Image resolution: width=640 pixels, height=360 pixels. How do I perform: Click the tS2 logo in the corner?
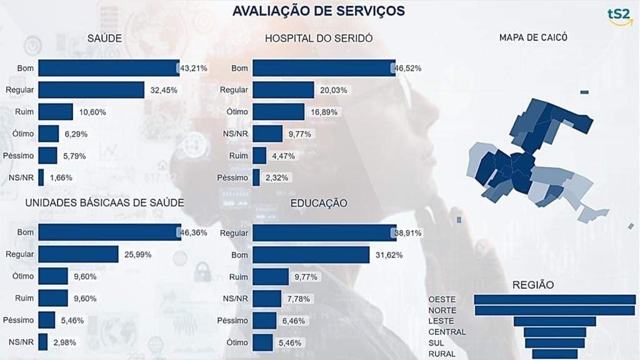pyautogui.click(x=620, y=16)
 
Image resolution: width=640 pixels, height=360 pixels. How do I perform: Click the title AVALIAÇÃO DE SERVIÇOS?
pyautogui.click(x=318, y=11)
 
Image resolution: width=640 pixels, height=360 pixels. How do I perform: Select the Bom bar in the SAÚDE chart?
pyautogui.click(x=109, y=67)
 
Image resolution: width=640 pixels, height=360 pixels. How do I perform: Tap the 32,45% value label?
pyautogui.click(x=164, y=90)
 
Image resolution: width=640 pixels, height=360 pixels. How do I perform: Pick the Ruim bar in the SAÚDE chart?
pyautogui.click(x=56, y=112)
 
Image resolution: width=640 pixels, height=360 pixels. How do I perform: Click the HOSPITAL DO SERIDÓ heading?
pyautogui.click(x=319, y=38)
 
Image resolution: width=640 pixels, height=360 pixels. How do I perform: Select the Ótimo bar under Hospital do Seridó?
pyautogui.click(x=269, y=112)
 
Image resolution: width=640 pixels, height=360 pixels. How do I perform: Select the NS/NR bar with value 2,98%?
pyautogui.click(x=43, y=342)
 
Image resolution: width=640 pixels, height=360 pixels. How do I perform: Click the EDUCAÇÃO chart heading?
pyautogui.click(x=319, y=203)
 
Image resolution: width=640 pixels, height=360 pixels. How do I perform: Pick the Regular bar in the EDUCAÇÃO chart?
pyautogui.click(x=324, y=232)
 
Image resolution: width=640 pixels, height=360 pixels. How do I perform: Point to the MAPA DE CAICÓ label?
pyautogui.click(x=533, y=37)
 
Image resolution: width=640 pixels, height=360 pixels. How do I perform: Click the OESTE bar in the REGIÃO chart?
pyautogui.click(x=554, y=299)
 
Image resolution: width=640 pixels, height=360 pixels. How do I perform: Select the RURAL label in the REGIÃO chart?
pyautogui.click(x=442, y=354)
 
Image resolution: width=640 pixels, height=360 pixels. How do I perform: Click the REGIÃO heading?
pyautogui.click(x=532, y=284)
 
